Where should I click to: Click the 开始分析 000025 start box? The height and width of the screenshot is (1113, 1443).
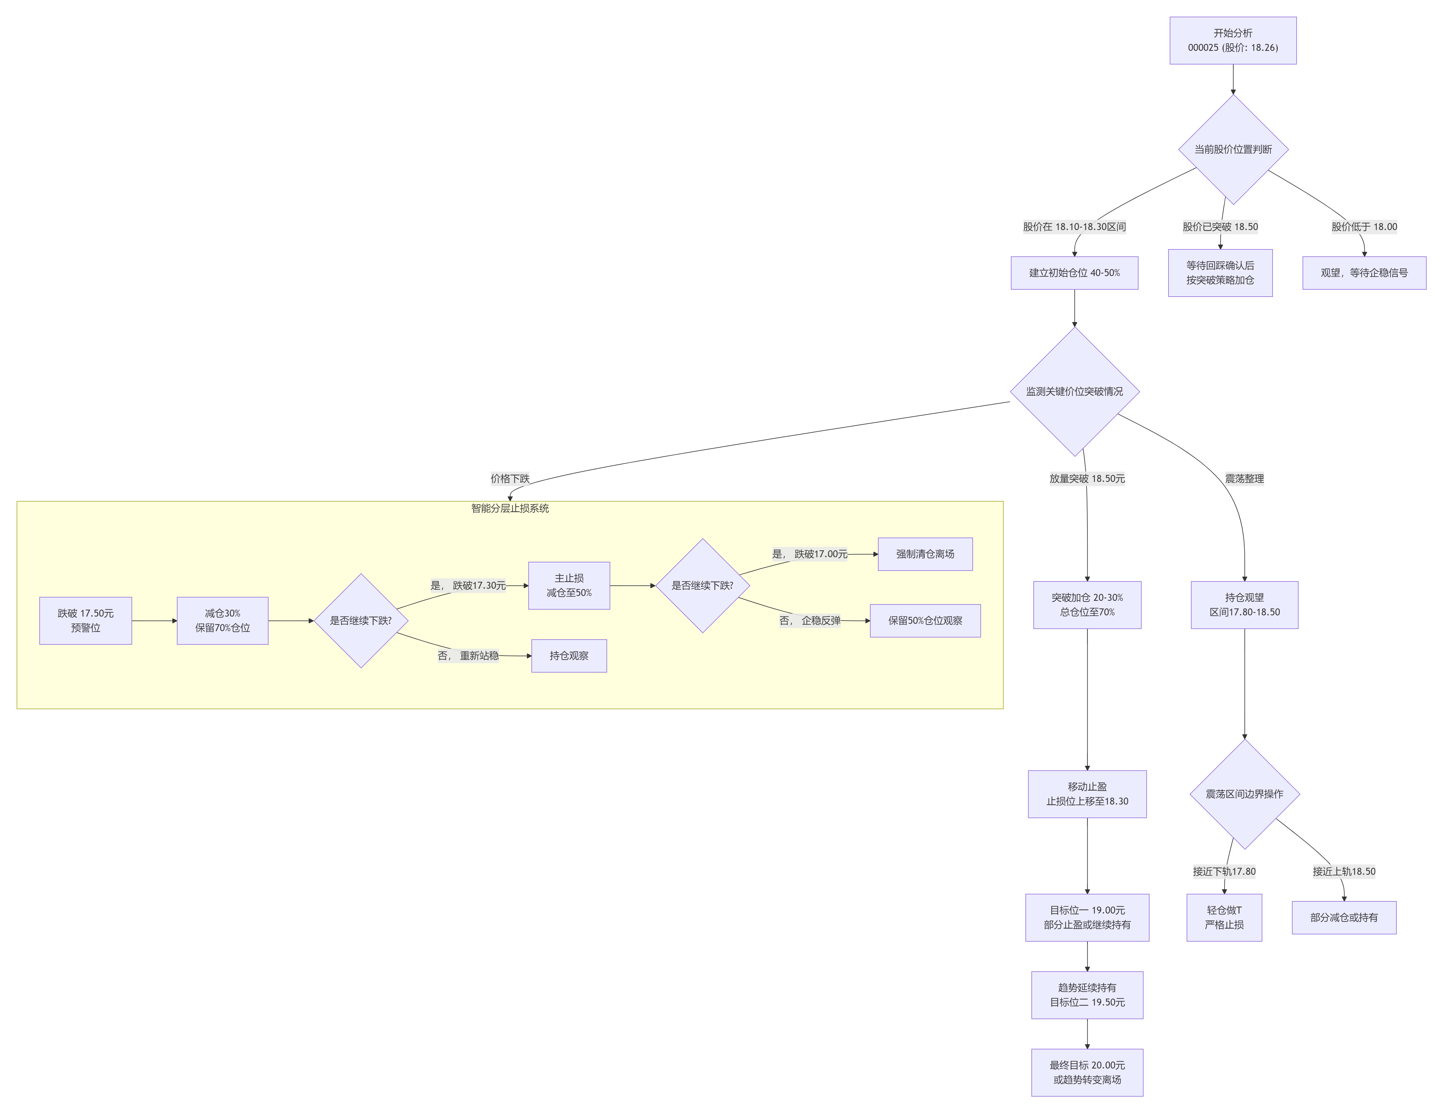pyautogui.click(x=1233, y=40)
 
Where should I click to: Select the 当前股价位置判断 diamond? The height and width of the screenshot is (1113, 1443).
pyautogui.click(x=1233, y=149)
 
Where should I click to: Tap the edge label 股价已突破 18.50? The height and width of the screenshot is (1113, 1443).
pyautogui.click(x=1220, y=227)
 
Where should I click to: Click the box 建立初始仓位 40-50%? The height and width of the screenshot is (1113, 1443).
pyautogui.click(x=1074, y=273)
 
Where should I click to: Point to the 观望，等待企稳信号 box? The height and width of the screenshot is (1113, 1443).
pyautogui.click(x=1364, y=273)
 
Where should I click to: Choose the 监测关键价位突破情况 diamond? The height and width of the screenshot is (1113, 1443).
pyautogui.click(x=1074, y=391)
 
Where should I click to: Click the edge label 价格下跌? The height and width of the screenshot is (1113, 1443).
pyautogui.click(x=510, y=479)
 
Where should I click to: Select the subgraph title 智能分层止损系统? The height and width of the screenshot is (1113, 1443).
pyautogui.click(x=510, y=508)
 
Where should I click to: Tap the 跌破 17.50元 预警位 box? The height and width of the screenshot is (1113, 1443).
pyautogui.click(x=86, y=621)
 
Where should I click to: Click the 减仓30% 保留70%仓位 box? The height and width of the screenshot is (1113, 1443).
pyautogui.click(x=223, y=621)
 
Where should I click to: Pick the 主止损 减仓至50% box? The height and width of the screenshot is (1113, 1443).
pyautogui.click(x=569, y=586)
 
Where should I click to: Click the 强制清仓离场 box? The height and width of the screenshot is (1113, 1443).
pyautogui.click(x=925, y=554)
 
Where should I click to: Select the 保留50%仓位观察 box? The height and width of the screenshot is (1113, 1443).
pyautogui.click(x=925, y=621)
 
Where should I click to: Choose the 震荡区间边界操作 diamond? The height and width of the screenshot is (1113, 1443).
pyautogui.click(x=1245, y=794)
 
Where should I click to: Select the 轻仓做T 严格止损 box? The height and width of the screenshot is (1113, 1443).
pyautogui.click(x=1224, y=917)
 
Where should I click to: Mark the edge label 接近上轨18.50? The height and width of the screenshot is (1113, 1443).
pyautogui.click(x=1344, y=871)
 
